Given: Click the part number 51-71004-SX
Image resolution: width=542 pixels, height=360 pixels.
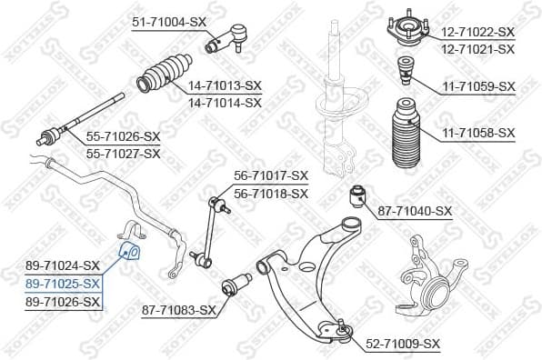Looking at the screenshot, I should [x=169, y=21].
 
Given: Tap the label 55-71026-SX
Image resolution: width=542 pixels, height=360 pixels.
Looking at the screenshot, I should [x=123, y=136].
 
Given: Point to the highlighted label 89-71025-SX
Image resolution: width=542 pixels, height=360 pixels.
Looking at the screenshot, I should [x=63, y=283].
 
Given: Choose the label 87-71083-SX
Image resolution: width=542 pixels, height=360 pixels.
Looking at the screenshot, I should [x=179, y=311].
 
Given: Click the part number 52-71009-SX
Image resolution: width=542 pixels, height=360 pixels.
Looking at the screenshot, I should [x=403, y=344].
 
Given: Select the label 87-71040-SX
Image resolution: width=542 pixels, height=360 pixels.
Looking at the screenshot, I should [x=415, y=211].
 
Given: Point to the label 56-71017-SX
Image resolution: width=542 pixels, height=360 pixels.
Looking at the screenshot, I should [x=271, y=175].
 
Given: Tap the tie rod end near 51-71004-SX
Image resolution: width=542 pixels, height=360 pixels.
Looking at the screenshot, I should [x=224, y=37].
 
